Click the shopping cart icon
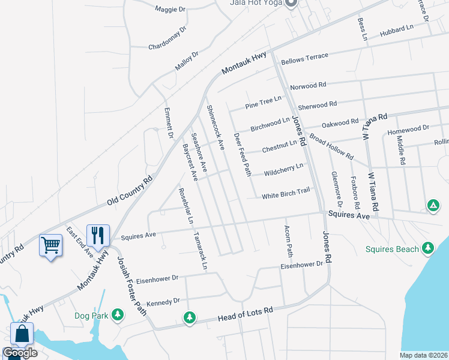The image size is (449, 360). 50,245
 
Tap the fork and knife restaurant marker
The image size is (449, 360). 97,235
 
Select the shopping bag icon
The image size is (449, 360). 22,334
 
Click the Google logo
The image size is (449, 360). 20,353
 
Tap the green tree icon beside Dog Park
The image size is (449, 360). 118,314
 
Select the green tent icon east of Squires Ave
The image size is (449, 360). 432,206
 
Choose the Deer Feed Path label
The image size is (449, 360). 242,155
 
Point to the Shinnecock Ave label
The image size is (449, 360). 215,127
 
